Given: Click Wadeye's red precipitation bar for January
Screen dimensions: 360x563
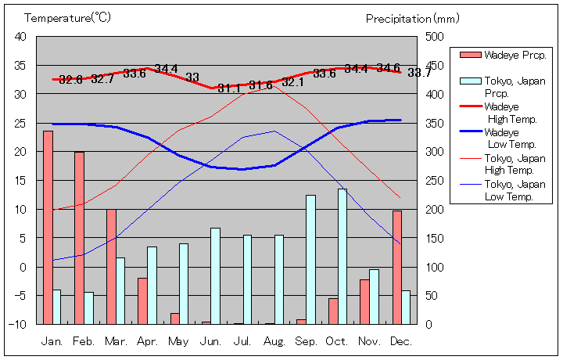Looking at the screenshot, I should pos(48,227).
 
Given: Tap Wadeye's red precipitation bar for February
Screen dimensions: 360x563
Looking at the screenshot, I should pos(79,238).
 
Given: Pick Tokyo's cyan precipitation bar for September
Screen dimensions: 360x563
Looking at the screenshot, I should pos(310,259).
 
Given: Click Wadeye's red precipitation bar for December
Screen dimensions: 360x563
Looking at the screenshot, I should pos(396,267).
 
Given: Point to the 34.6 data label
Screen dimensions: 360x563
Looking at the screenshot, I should pos(388,68).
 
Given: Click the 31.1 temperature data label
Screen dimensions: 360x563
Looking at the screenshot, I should pos(229,88).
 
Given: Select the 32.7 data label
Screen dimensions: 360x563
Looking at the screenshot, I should pos(102,78).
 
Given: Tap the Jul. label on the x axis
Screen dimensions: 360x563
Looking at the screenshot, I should pos(243,341).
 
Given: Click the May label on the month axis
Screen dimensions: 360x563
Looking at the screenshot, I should pos(179,341).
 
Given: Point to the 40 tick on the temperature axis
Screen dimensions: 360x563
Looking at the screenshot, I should pos(20,37).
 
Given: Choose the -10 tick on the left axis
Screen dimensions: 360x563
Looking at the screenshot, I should pos(19,324).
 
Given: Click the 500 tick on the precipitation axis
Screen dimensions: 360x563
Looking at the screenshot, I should pos(434,37).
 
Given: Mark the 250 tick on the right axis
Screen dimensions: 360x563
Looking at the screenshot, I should pos(434,180).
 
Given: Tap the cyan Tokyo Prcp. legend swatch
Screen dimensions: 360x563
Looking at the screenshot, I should pos(470,81).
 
